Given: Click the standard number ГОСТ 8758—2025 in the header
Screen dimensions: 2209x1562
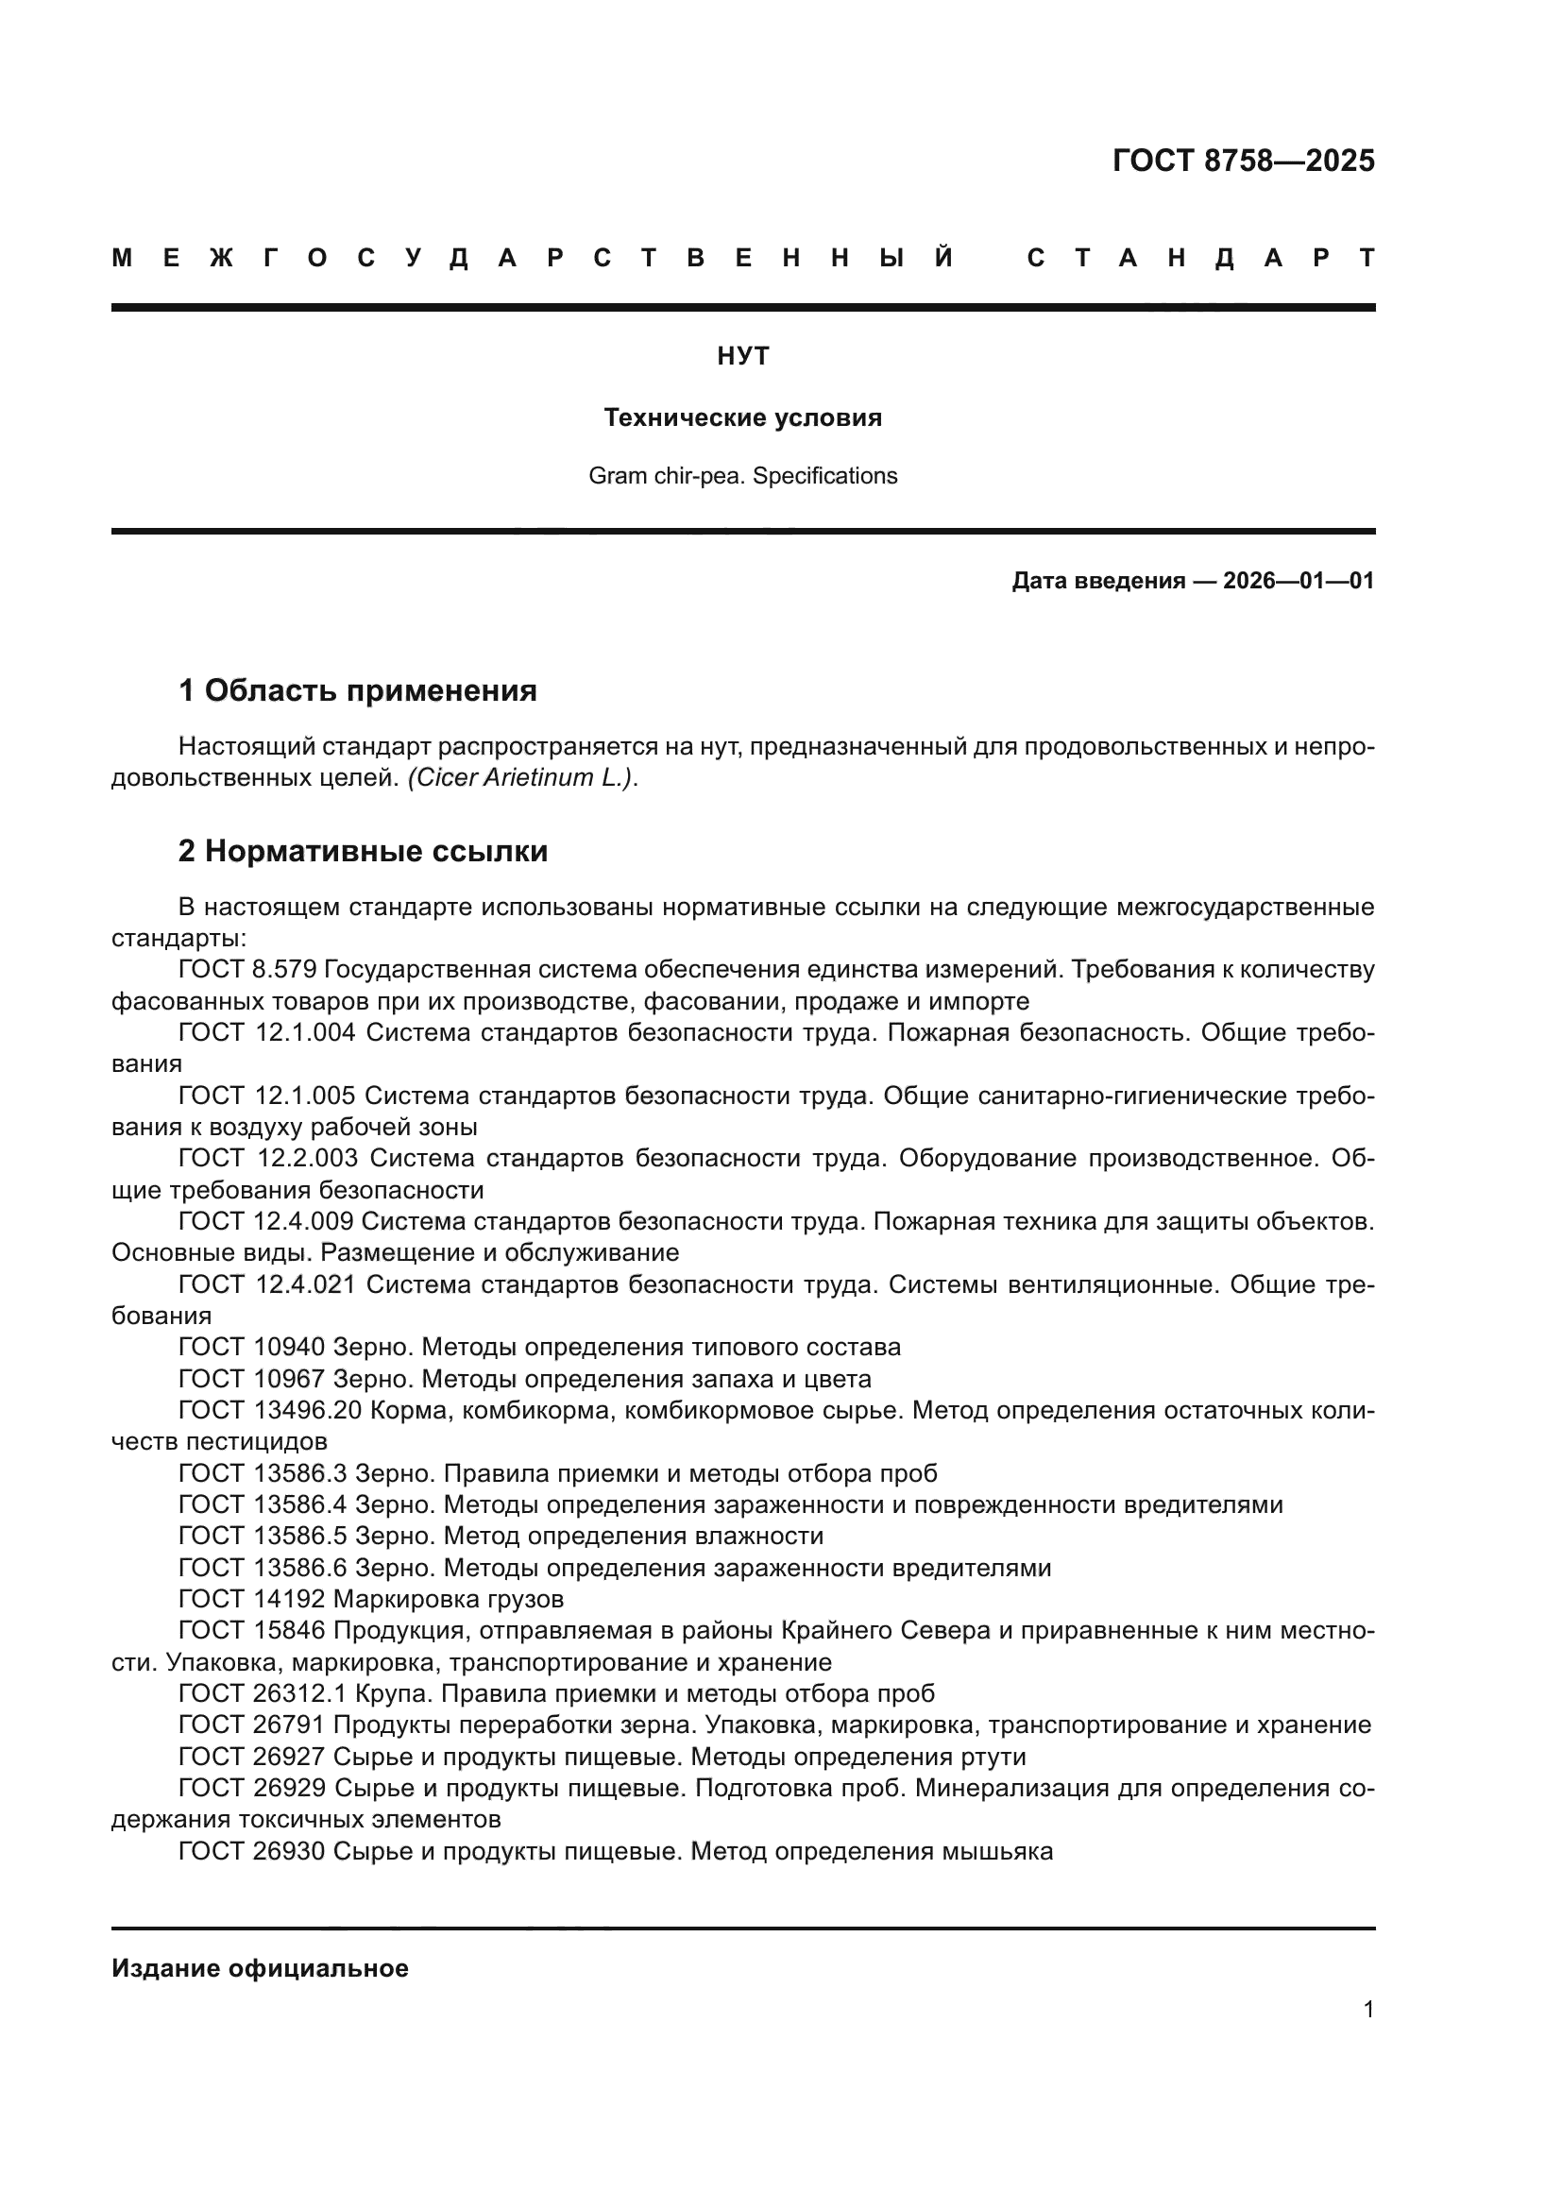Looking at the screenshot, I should pyautogui.click(x=1243, y=161).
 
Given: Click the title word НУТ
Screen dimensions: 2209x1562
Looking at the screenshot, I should pyautogui.click(x=742, y=357).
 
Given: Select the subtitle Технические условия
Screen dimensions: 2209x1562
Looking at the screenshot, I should pyautogui.click(x=742, y=418).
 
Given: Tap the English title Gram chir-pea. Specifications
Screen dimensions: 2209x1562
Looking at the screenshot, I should pyautogui.click(x=742, y=476).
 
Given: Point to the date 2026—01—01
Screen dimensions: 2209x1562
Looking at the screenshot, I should pyautogui.click(x=1299, y=581).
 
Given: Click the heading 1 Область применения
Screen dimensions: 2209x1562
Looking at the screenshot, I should pyautogui.click(x=357, y=690).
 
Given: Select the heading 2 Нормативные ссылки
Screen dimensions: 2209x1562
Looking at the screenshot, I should pyautogui.click(x=363, y=852).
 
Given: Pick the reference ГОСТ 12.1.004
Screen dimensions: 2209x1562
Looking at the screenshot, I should pyautogui.click(x=266, y=1033).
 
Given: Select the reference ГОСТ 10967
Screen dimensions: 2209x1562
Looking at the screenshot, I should pyautogui.click(x=251, y=1380).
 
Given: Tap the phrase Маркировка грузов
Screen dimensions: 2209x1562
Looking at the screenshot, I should pyautogui.click(x=449, y=1600).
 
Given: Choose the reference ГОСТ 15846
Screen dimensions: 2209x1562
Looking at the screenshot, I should pyautogui.click(x=251, y=1632).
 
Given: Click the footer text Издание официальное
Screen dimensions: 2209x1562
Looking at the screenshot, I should pyautogui.click(x=260, y=1968).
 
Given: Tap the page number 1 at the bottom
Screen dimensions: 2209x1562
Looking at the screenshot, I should pyautogui.click(x=1367, y=2009).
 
